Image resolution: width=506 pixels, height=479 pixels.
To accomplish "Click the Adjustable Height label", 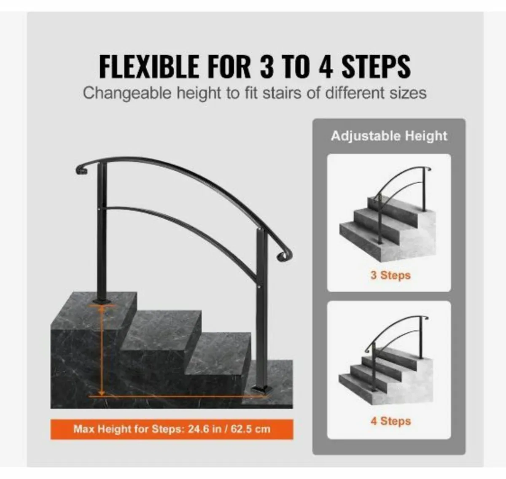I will [389, 136].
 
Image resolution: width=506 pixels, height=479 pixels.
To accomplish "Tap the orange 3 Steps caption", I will [390, 275].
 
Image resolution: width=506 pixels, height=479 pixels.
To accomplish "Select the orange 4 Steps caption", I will [390, 421].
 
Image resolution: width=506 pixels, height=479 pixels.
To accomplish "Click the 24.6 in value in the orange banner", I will [203, 429].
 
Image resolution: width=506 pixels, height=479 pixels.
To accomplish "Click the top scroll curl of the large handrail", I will [79, 170].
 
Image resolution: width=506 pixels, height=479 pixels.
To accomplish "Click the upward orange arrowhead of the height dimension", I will [102, 309].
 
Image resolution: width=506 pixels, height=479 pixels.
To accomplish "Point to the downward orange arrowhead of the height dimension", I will [102, 391].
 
